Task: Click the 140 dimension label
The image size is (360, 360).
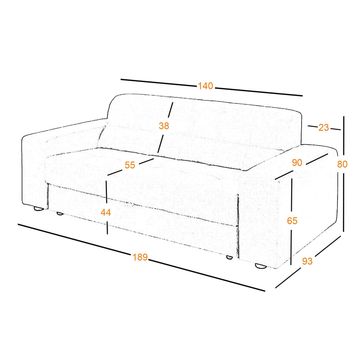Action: pos(205,86)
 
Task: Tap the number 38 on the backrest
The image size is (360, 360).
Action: pos(164,126)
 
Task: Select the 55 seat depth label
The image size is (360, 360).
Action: pos(130,165)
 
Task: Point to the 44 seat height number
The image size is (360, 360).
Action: pos(105,212)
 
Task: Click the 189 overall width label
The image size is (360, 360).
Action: pos(140,257)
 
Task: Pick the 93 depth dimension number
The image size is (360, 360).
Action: pos(307,261)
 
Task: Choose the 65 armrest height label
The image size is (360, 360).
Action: pos(292,221)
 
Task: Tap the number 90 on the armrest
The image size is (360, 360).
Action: pos(297,162)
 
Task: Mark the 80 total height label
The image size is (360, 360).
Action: pos(342,164)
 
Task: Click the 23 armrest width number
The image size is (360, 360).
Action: pos(324,127)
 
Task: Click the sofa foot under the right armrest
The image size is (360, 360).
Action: pos(260,266)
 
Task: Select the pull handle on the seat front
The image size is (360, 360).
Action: pos(130,205)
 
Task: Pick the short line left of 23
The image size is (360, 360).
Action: pos(312,126)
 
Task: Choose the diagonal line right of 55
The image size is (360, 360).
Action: pos(146,161)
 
